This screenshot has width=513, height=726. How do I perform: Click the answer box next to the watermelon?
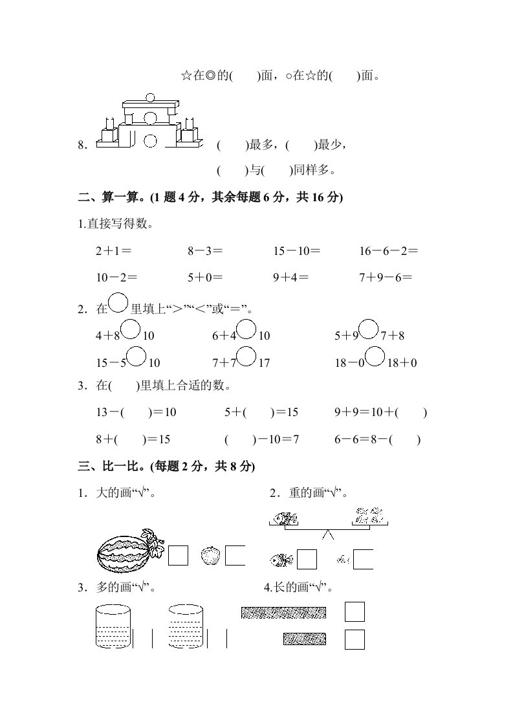click(x=178, y=555)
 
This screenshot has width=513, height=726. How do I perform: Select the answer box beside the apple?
click(x=235, y=555)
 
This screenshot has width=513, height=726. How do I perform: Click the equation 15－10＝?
click(x=297, y=251)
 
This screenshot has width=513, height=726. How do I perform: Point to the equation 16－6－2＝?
click(x=389, y=251)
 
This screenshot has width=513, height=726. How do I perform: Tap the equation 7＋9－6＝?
click(x=386, y=278)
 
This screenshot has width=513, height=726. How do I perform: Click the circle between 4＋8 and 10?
click(x=131, y=329)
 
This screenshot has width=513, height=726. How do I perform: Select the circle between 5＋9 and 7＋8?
click(x=368, y=329)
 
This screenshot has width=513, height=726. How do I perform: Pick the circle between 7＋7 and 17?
click(x=246, y=356)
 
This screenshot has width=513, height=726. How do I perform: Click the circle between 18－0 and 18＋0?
click(x=376, y=356)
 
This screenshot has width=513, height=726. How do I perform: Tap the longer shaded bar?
click(x=283, y=612)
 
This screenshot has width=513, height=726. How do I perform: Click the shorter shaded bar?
click(x=304, y=639)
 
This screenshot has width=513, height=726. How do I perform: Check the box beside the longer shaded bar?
click(x=355, y=611)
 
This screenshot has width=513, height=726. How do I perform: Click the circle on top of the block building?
click(x=150, y=98)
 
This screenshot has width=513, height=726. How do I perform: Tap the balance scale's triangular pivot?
click(x=329, y=535)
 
